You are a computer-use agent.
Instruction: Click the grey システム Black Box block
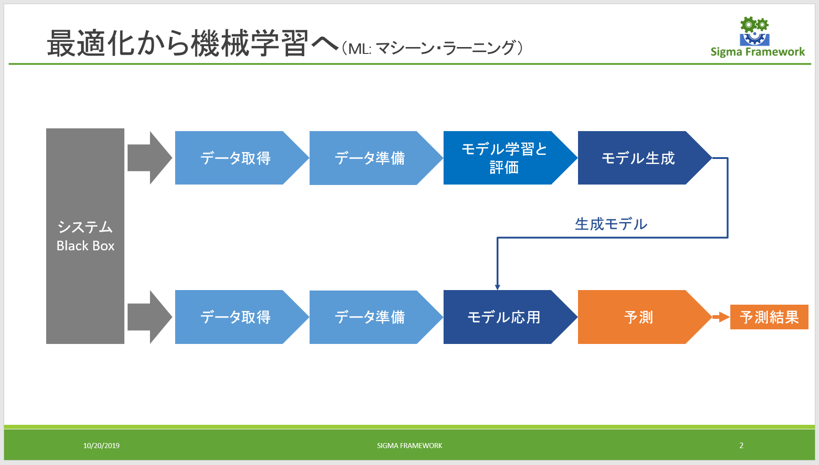(85, 236)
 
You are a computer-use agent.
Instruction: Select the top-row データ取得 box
(236, 158)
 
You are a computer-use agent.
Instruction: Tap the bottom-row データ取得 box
(236, 317)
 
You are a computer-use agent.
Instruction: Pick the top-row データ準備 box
(369, 158)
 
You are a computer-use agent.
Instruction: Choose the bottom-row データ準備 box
(369, 317)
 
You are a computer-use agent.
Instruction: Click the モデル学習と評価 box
(504, 158)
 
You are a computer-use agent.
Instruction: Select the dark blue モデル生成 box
(638, 158)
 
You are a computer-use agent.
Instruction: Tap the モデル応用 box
(504, 317)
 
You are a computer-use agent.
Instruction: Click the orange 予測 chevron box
(638, 317)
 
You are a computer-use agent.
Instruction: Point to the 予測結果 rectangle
(769, 317)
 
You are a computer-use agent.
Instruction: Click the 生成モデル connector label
(611, 224)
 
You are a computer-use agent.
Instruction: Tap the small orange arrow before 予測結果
(721, 317)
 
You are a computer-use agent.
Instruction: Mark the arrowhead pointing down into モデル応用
(498, 287)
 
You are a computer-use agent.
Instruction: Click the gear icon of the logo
(754, 31)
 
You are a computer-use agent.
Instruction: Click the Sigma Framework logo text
(757, 52)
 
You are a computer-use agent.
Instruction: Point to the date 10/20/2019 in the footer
(101, 446)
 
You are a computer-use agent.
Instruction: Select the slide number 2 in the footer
(741, 445)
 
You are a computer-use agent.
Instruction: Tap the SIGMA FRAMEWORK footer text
(409, 446)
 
